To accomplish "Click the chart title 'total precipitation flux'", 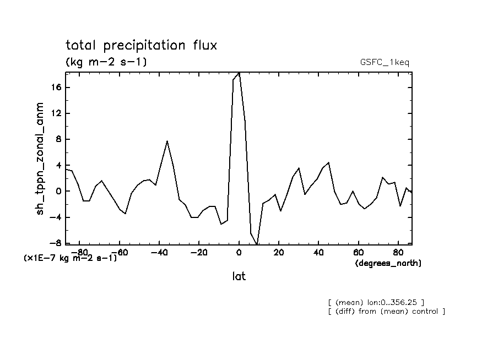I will tap(141, 45).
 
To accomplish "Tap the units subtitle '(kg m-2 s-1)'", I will tap(106, 62).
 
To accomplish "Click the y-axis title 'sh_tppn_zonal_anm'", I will tap(40, 159).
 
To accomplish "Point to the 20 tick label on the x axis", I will tap(279, 253).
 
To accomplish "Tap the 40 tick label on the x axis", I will tap(318, 253).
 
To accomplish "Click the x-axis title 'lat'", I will tap(239, 276).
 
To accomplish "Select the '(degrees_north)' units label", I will tap(388, 264).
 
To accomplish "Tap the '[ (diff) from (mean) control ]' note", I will tap(386, 312).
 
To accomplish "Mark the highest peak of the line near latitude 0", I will tap(239, 73).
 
